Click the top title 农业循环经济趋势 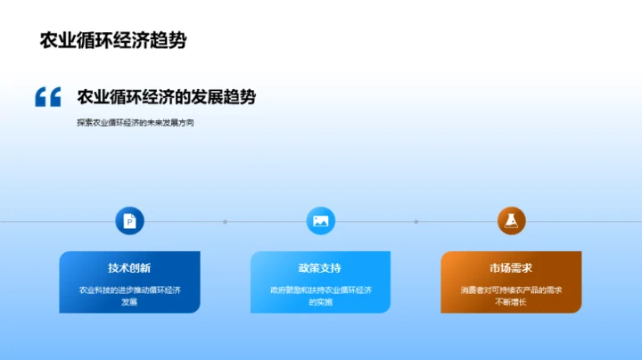113,41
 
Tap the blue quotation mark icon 47,97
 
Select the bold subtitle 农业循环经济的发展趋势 166,97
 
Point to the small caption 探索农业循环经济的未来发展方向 135,122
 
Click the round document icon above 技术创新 129,220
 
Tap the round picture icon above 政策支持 320,220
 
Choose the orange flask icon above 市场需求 511,220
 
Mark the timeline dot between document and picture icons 225,221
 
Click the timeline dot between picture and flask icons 416,221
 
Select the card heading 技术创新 129,268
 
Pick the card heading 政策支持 320,268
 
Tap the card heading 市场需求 511,268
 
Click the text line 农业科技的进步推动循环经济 129,290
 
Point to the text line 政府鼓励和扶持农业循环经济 320,290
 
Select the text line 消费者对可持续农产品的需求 511,290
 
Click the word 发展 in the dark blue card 129,302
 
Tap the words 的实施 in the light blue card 320,302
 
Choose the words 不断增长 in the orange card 511,302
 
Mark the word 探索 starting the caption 86,122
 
